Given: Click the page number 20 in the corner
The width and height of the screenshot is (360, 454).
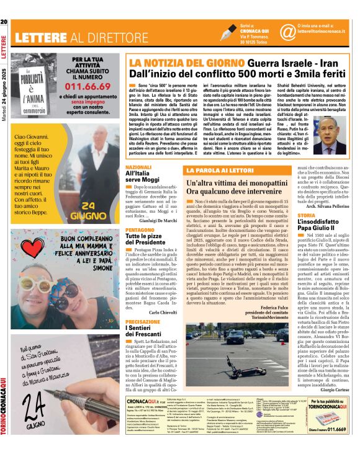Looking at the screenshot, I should point(4,6).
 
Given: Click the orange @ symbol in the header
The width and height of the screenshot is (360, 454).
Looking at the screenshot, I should point(270,31).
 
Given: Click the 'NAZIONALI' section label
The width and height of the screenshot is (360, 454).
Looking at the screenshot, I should point(138,167).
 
